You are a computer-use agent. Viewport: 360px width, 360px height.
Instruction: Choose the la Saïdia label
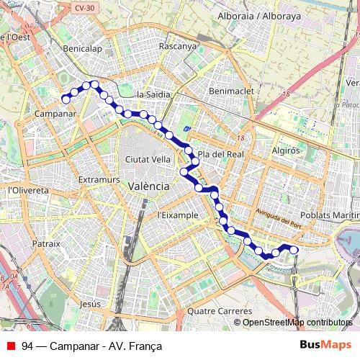tap(153, 94)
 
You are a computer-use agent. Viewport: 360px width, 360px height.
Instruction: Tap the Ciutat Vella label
tap(148, 159)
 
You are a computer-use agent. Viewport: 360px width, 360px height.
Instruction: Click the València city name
tap(148, 186)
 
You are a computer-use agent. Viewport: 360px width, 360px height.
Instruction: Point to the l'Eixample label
tap(177, 215)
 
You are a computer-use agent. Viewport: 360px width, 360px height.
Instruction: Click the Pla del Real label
tap(222, 154)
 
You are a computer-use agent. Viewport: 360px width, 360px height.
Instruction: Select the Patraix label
tap(46, 244)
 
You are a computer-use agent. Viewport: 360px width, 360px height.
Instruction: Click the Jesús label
tap(91, 305)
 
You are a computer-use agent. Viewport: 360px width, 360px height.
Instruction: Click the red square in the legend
tap(11, 346)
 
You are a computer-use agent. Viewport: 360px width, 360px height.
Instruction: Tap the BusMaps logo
tap(327, 345)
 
